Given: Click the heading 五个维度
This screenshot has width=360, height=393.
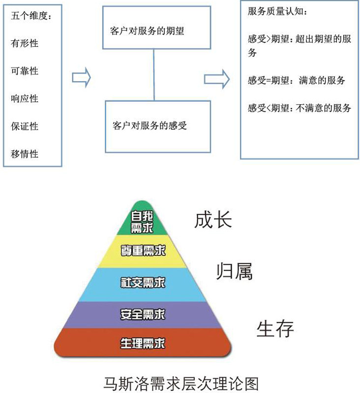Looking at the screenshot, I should point(30,15).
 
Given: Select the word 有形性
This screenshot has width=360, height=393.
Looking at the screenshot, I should point(25,43).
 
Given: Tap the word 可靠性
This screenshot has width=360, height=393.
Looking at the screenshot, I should point(25,71).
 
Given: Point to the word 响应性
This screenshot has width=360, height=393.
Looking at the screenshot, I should point(25,99).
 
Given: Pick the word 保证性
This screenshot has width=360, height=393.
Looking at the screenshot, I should point(25,126).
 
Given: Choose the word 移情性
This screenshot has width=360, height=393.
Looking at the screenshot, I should point(25,154).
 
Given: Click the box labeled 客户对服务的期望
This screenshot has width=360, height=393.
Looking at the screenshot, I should point(154,29).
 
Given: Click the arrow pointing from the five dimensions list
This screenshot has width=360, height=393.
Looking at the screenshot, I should point(82,78).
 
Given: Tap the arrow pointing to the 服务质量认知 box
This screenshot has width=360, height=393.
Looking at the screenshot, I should point(217,78).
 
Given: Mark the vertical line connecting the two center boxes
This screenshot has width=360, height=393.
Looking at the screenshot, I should point(154,75).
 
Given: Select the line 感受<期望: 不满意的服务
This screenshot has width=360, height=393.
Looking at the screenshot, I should point(300,108).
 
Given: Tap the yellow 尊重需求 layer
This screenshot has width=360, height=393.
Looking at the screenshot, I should point(142,251).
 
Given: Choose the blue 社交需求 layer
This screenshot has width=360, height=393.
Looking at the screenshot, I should point(142,283).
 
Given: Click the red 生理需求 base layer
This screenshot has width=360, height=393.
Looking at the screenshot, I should point(142,343).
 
